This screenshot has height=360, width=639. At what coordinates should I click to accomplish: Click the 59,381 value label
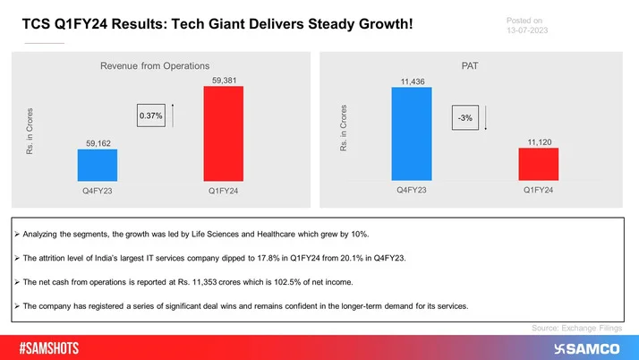[x=224, y=81]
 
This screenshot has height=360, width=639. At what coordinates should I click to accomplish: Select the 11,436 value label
[x=411, y=81]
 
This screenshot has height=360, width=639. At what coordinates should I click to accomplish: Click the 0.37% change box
[x=150, y=116]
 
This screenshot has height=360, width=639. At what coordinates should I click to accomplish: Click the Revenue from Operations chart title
[x=154, y=64]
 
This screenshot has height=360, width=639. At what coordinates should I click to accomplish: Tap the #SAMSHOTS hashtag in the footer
[x=56, y=347]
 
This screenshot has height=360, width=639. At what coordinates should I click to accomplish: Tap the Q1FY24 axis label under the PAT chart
[x=537, y=192]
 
